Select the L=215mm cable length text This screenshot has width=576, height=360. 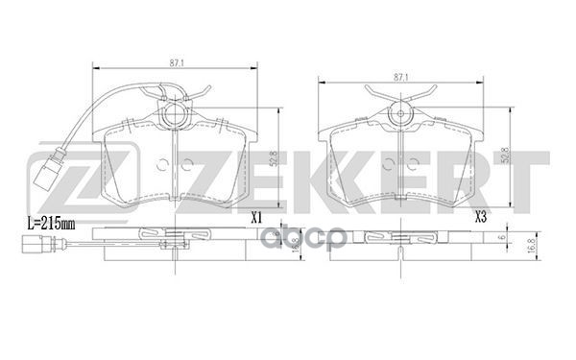48,222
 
